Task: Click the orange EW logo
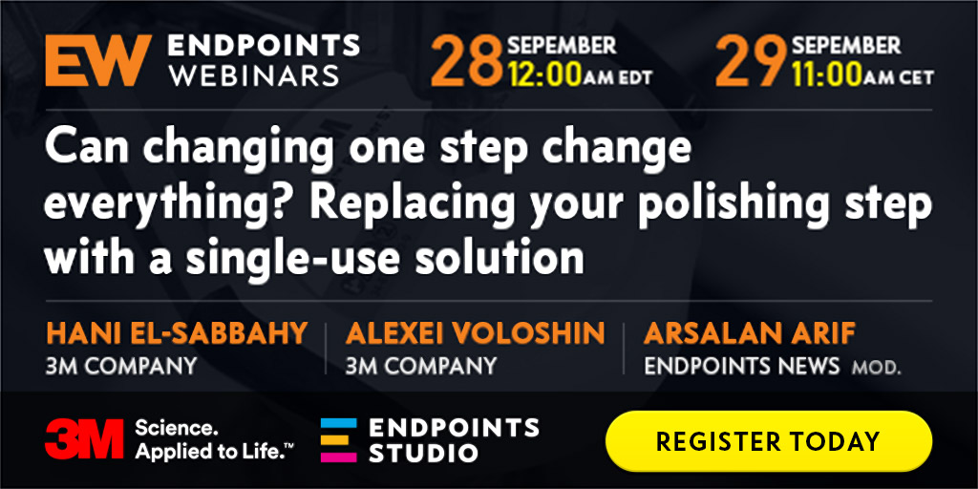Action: [x=98, y=60]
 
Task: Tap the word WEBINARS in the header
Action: [x=253, y=75]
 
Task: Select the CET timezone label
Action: [x=915, y=77]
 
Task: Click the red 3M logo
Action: [x=84, y=439]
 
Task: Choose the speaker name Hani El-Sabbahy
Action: [x=177, y=333]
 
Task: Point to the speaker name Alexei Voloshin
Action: [x=476, y=333]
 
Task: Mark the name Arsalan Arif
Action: [x=749, y=333]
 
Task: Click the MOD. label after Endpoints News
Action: [x=877, y=368]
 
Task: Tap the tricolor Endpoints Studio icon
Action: [x=339, y=439]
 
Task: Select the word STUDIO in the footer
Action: [x=423, y=453]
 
